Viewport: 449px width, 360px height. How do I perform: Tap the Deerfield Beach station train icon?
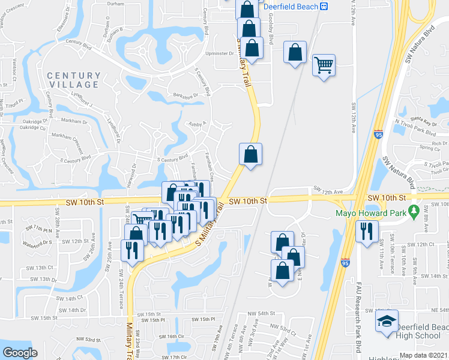coord(324,6)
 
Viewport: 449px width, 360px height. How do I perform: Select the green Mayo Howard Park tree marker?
coord(413,211)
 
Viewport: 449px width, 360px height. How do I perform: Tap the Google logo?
coord(20,353)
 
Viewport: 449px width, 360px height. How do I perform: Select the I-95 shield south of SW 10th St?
coord(345,262)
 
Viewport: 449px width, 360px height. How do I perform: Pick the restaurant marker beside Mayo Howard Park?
coord(366,231)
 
